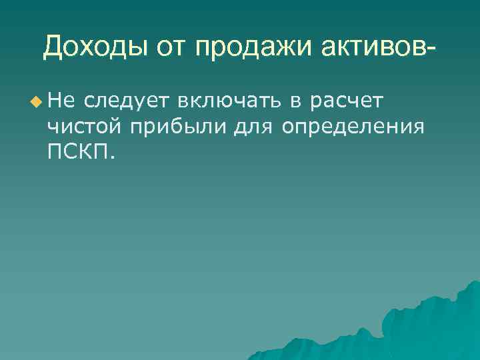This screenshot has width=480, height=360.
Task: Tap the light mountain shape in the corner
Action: click(x=427, y=327)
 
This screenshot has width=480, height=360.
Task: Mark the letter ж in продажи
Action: click(x=279, y=47)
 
